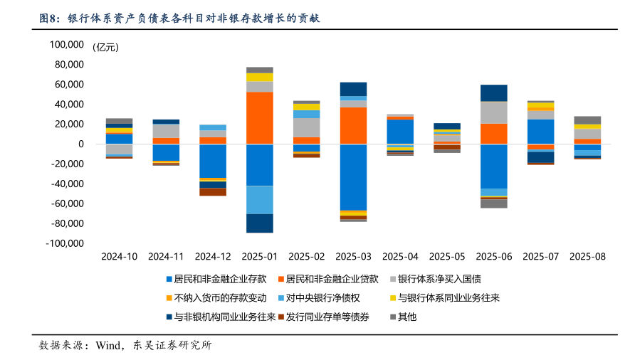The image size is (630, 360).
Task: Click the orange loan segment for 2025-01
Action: [260, 118]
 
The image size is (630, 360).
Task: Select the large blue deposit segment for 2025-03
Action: [353, 177]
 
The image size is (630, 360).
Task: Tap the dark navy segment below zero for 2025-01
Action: [260, 223]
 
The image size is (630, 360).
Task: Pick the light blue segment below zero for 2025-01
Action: [260, 199]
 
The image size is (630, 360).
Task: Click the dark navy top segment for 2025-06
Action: [493, 93]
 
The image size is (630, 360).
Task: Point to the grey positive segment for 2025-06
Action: [493, 112]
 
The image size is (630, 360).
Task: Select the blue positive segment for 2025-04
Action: [400, 132]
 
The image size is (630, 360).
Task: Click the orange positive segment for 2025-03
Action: [353, 125]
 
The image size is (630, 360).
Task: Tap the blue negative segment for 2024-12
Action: [213, 161]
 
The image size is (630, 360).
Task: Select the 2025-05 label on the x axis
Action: [447, 256]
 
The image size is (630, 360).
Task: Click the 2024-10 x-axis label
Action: [120, 256]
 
